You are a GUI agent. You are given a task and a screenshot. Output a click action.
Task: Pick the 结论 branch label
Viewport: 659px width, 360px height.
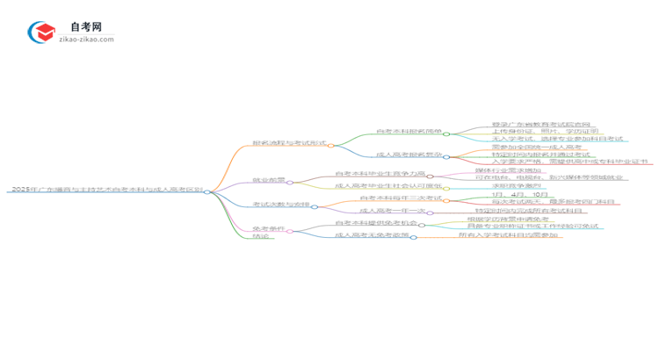point(261,236)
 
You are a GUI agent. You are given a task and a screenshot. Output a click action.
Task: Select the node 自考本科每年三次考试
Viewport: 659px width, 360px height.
point(401,198)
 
